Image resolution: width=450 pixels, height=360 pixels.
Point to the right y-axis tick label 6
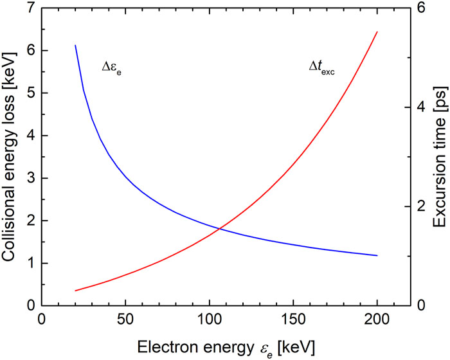pyautogui.click(x=420, y=8)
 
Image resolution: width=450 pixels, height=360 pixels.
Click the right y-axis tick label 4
pyautogui.click(x=420, y=107)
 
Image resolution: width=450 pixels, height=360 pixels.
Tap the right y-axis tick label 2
pyautogui.click(x=420, y=206)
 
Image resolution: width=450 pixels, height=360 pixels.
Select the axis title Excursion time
pyautogui.click(x=439, y=157)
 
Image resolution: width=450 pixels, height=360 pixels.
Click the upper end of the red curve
pyautogui.click(x=377, y=32)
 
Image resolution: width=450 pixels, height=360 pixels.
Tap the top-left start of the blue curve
pyautogui.click(x=75, y=46)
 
